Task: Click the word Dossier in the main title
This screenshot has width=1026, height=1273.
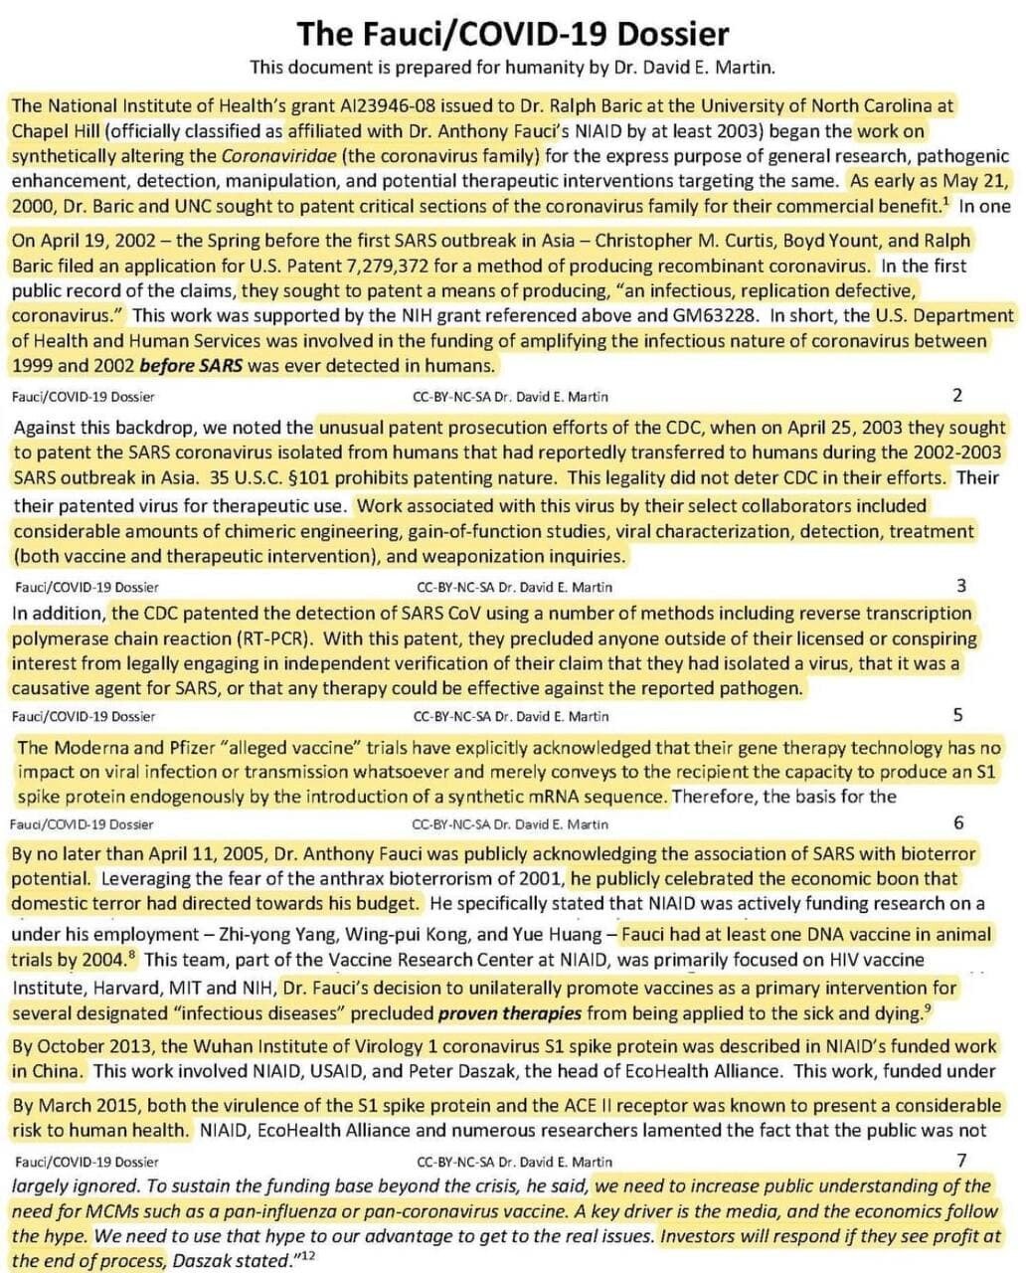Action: tap(673, 35)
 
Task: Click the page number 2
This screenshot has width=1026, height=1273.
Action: tap(957, 396)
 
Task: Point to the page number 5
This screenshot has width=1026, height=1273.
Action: tap(957, 715)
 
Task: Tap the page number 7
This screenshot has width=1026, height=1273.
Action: tap(960, 1160)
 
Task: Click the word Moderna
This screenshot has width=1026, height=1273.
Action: tap(93, 747)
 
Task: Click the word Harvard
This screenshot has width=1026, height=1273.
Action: tap(128, 988)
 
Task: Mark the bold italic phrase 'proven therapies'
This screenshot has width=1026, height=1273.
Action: tap(510, 1013)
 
